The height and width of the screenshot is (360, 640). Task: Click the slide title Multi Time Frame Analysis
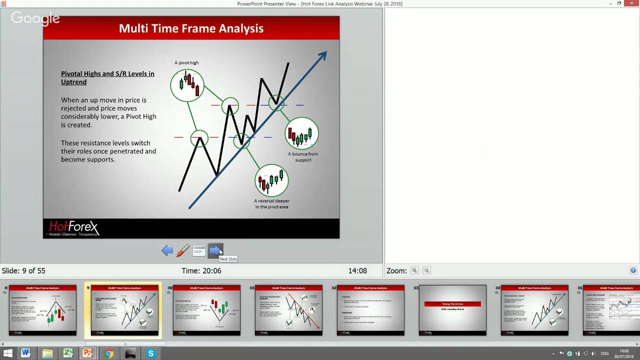pyautogui.click(x=191, y=28)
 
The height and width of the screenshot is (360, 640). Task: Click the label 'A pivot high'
pyautogui.click(x=186, y=63)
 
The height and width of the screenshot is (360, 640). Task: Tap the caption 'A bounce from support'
pyautogui.click(x=302, y=157)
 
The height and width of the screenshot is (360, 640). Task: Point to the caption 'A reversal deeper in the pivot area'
pyautogui.click(x=271, y=204)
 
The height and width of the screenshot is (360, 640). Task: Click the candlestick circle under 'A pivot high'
pyautogui.click(x=187, y=85)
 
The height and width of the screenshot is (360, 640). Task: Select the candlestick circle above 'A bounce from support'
pyautogui.click(x=301, y=133)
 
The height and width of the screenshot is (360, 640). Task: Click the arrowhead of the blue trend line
pyautogui.click(x=322, y=54)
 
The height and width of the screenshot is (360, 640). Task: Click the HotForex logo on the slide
pyautogui.click(x=73, y=228)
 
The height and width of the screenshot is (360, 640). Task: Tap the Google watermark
pyautogui.click(x=35, y=19)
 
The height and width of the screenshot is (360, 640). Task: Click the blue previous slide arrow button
pyautogui.click(x=167, y=251)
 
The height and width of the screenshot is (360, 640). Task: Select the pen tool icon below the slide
pyautogui.click(x=183, y=251)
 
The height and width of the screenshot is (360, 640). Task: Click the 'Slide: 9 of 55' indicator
pyautogui.click(x=23, y=271)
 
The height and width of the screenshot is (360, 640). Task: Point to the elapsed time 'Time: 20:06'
pyautogui.click(x=201, y=271)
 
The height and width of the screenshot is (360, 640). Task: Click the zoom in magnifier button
pyautogui.click(x=414, y=270)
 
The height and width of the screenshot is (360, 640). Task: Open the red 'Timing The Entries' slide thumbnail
pyautogui.click(x=452, y=309)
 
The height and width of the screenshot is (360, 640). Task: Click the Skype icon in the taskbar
pyautogui.click(x=150, y=353)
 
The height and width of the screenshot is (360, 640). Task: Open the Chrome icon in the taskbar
pyautogui.click(x=108, y=353)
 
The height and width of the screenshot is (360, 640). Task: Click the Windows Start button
pyautogui.click(x=7, y=353)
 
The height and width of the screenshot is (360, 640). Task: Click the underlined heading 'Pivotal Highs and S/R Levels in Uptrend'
pyautogui.click(x=107, y=77)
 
